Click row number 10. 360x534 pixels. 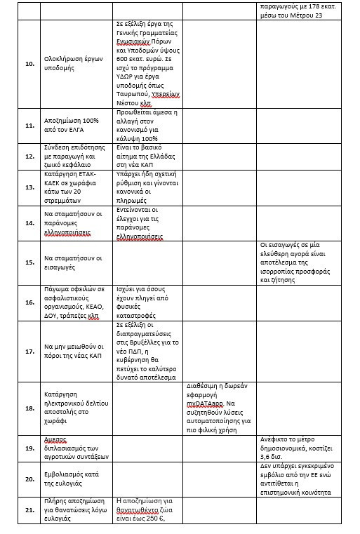point(29,63)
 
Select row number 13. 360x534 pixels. point(29,187)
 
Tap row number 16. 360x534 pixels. point(29,302)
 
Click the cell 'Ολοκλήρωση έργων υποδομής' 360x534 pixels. point(76,63)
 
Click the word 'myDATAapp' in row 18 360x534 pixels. point(204,404)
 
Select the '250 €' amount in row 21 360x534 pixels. point(158,519)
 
